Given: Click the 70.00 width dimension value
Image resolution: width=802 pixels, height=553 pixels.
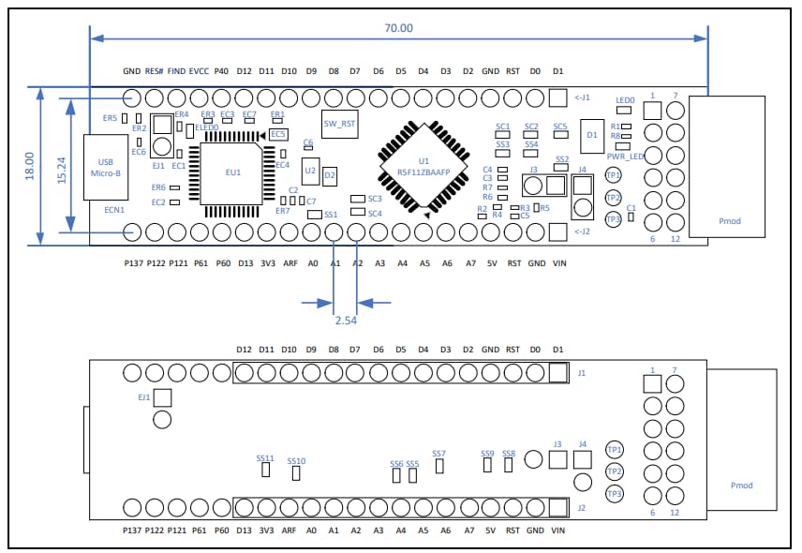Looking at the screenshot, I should point(398,28).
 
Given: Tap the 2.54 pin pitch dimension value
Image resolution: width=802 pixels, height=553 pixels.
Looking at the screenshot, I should point(347,320).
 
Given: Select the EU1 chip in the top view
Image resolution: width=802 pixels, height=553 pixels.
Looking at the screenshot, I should point(233,172).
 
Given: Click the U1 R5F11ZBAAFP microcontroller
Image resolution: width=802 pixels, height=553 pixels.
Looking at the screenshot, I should point(423,167).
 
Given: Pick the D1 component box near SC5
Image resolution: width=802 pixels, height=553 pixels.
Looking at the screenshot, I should point(591,135).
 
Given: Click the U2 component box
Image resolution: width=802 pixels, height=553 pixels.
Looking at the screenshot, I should point(310,171).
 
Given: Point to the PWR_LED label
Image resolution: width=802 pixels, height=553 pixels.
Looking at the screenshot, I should point(626,157).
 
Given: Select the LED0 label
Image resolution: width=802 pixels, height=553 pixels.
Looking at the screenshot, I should point(625,99).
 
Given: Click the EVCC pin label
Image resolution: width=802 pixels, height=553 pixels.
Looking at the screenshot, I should point(199,71).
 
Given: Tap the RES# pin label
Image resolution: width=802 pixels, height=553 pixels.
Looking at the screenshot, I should point(155,71).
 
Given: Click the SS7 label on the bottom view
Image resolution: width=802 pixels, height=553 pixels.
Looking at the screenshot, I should point(438,454).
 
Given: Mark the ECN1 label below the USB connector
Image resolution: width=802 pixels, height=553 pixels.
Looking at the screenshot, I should point(113,211).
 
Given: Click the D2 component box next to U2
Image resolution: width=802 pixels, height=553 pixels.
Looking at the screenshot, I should point(329,175).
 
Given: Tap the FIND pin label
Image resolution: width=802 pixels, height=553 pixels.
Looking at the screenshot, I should point(176,71).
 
